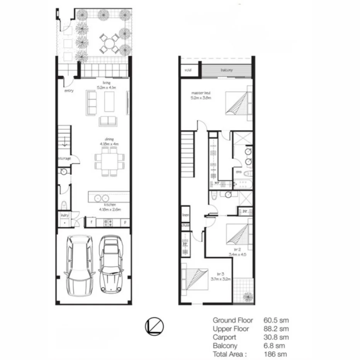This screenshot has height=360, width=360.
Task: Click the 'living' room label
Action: pyautogui.click(x=106, y=83)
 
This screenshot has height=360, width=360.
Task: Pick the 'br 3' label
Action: pyautogui.click(x=220, y=274)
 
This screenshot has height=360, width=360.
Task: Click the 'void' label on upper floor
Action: pyautogui.click(x=188, y=70)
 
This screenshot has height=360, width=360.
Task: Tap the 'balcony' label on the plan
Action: pyautogui.click(x=226, y=70)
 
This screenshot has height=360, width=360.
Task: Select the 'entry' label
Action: pyautogui.click(x=69, y=91)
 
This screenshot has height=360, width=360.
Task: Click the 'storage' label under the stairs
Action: pyautogui.click(x=65, y=158)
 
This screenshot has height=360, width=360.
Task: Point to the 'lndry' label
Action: pyautogui.click(x=64, y=216)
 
